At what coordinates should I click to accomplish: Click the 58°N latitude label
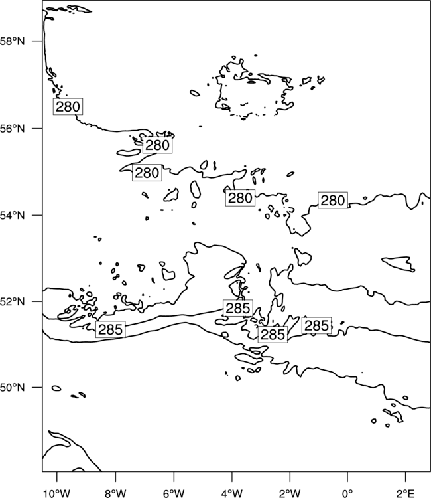12,41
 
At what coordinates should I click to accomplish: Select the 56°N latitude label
12,129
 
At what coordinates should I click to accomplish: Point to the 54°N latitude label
12,215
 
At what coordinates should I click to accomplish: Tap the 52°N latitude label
12,301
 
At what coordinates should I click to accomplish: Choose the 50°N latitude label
12,388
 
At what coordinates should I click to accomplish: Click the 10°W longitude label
57,493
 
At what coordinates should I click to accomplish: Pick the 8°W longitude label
115,493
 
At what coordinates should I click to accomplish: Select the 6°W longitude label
174,493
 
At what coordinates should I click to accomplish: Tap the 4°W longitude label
232,493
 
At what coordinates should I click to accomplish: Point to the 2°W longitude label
290,493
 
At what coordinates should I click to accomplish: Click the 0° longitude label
347,493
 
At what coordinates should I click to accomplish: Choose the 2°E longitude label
406,493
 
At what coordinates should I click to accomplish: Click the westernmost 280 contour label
68,106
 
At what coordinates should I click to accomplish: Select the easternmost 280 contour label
333,201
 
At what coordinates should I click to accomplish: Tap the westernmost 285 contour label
110,329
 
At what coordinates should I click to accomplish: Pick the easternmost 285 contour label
316,325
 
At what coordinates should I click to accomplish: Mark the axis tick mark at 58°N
37,41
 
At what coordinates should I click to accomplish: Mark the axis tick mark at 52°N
37,301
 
